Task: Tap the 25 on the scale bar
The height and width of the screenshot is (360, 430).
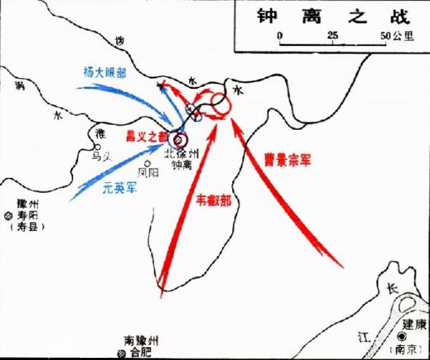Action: click(333, 35)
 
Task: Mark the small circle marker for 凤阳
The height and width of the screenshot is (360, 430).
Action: click(147, 163)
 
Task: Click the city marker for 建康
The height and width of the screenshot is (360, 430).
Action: click(406, 336)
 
